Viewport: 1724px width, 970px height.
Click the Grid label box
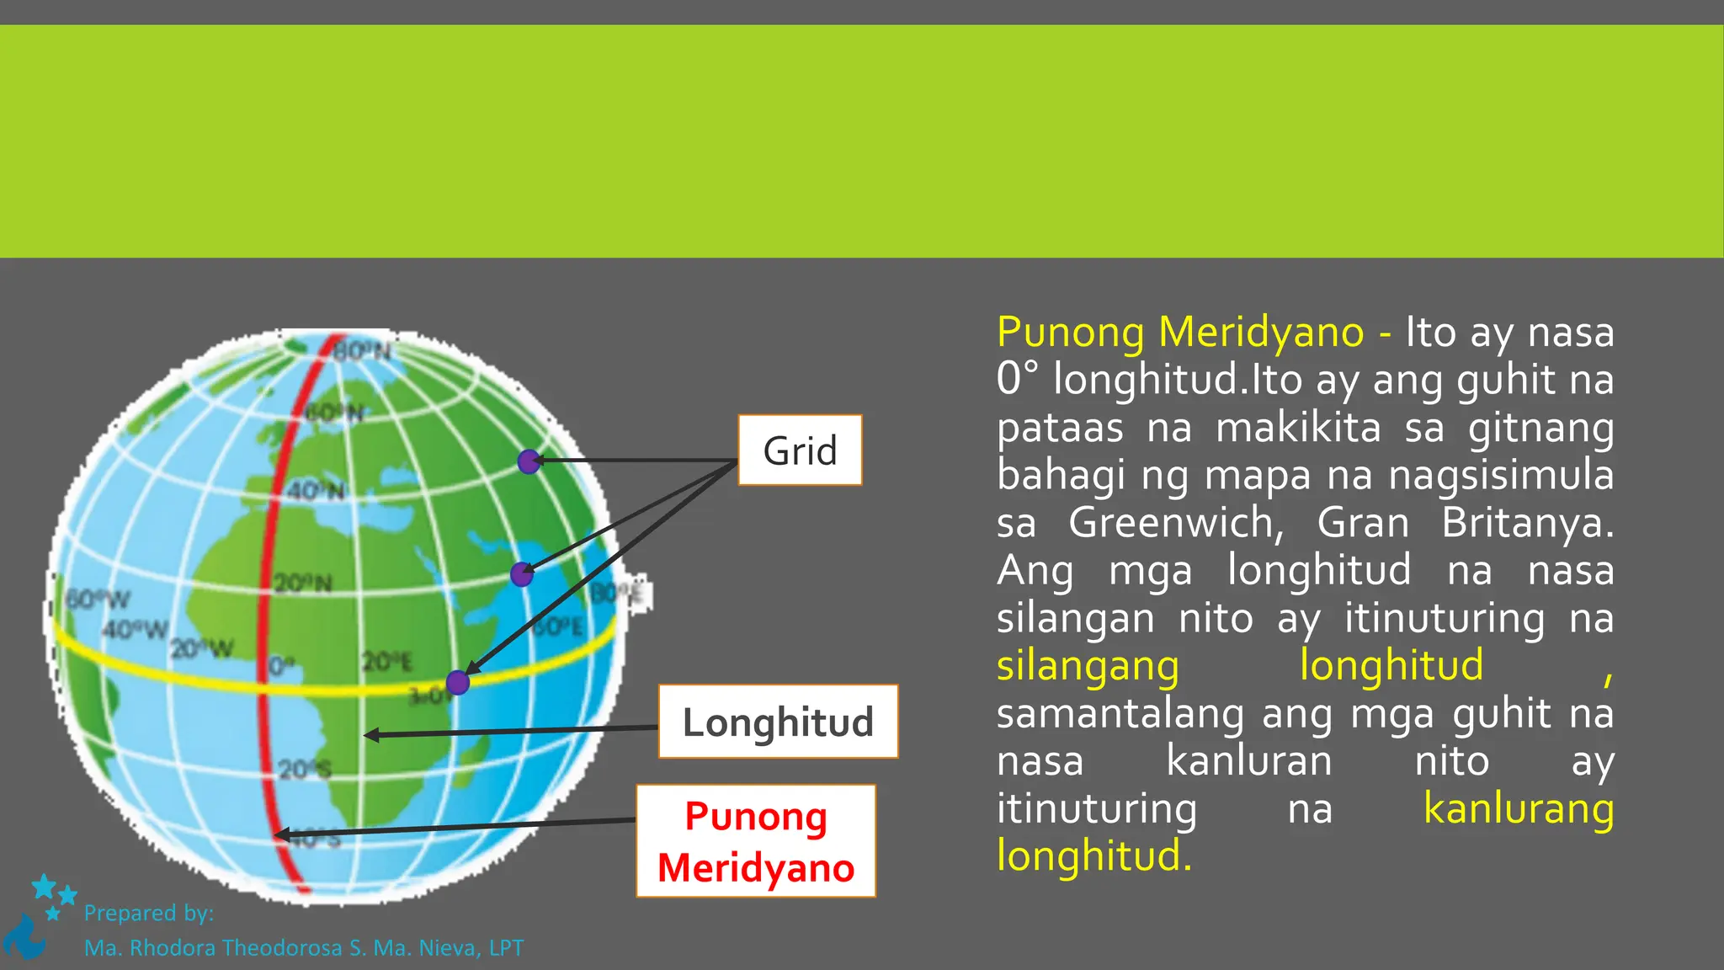(x=800, y=450)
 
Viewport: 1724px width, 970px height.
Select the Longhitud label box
(x=778, y=722)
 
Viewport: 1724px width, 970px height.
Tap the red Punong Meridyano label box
(x=756, y=841)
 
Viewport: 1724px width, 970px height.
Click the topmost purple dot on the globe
(x=529, y=461)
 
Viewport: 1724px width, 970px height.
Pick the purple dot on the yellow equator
(x=457, y=682)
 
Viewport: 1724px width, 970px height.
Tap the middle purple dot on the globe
(x=522, y=574)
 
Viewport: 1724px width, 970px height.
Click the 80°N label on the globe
(x=363, y=350)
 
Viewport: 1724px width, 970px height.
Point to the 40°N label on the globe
(x=316, y=490)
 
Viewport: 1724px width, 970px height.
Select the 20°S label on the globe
(x=305, y=769)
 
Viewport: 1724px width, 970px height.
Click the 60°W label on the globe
(x=98, y=600)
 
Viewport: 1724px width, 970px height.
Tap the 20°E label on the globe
(x=387, y=662)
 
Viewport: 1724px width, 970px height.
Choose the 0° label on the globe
(x=281, y=667)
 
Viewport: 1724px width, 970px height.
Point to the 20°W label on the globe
(x=202, y=648)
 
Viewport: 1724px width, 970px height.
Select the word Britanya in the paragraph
(x=1527, y=523)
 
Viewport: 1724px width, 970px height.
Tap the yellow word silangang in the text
(x=1088, y=666)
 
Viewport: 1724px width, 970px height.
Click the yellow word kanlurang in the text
(x=1519, y=808)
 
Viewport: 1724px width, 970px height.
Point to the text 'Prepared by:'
(x=149, y=913)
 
